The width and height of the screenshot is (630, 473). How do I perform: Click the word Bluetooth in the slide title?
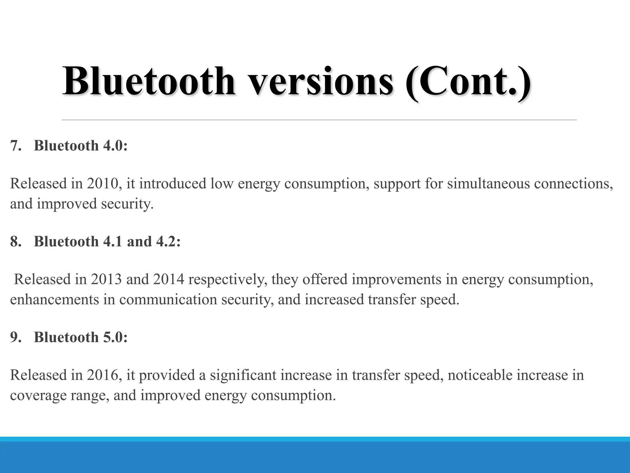tap(149, 81)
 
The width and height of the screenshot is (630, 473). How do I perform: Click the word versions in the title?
tap(320, 82)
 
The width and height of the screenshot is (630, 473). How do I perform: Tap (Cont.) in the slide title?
tap(468, 82)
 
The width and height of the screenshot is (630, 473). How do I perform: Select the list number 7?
tap(16, 145)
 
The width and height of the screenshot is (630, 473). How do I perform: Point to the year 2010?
tap(103, 184)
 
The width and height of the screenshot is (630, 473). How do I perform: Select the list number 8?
tap(16, 241)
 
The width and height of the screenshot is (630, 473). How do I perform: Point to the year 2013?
tap(106, 279)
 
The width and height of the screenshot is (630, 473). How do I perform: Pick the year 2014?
tap(169, 279)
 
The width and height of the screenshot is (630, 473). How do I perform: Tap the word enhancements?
tap(54, 300)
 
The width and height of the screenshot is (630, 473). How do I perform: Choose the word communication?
tap(168, 300)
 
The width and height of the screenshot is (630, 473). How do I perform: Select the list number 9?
tap(16, 337)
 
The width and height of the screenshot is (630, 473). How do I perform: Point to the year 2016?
tap(103, 375)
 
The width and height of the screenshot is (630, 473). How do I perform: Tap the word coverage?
tap(38, 395)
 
